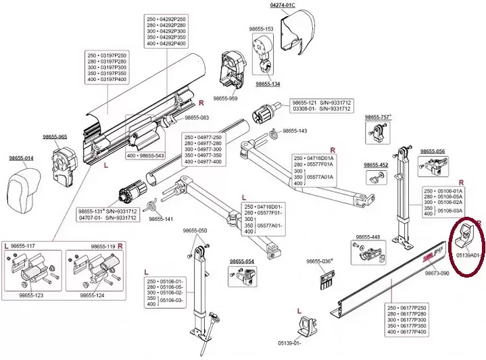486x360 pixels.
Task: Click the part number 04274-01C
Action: tap(283, 5)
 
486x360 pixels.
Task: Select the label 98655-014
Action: tap(22, 158)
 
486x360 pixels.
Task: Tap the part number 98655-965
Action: tap(54, 137)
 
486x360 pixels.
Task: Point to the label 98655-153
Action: tap(260, 29)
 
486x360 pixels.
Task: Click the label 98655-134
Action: tap(268, 84)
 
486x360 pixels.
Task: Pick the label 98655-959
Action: tap(225, 99)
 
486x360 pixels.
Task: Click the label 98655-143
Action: tap(295, 130)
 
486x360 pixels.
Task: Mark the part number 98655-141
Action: tap(161, 219)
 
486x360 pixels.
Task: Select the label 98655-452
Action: tap(376, 165)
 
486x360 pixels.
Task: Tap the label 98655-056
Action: tap(433, 151)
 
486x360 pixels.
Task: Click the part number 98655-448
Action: tap(367, 237)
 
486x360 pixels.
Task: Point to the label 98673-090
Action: tap(437, 274)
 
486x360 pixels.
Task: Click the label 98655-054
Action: tap(241, 261)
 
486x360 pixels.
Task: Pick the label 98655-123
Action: tap(31, 294)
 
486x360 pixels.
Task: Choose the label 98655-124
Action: tap(93, 294)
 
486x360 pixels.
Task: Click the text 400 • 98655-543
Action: tap(145, 155)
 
